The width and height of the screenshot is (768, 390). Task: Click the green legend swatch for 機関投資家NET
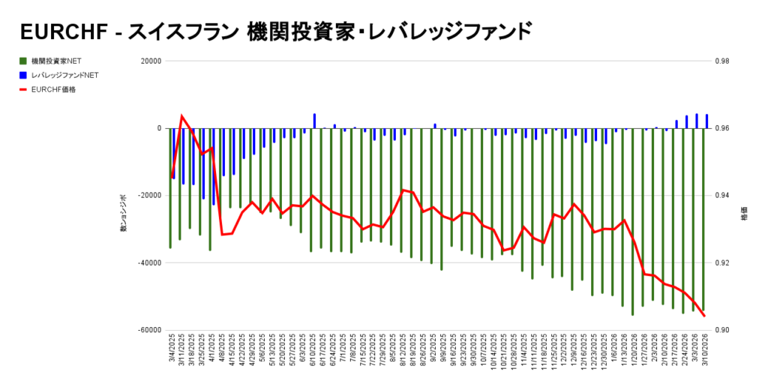click(23, 61)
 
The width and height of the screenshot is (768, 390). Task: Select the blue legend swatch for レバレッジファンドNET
click(23, 75)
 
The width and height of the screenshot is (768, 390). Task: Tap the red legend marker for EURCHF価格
click(23, 89)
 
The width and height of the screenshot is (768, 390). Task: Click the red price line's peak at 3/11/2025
click(182, 116)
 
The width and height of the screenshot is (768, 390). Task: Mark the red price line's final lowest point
click(704, 316)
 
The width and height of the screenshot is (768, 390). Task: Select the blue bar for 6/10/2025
click(314, 121)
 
